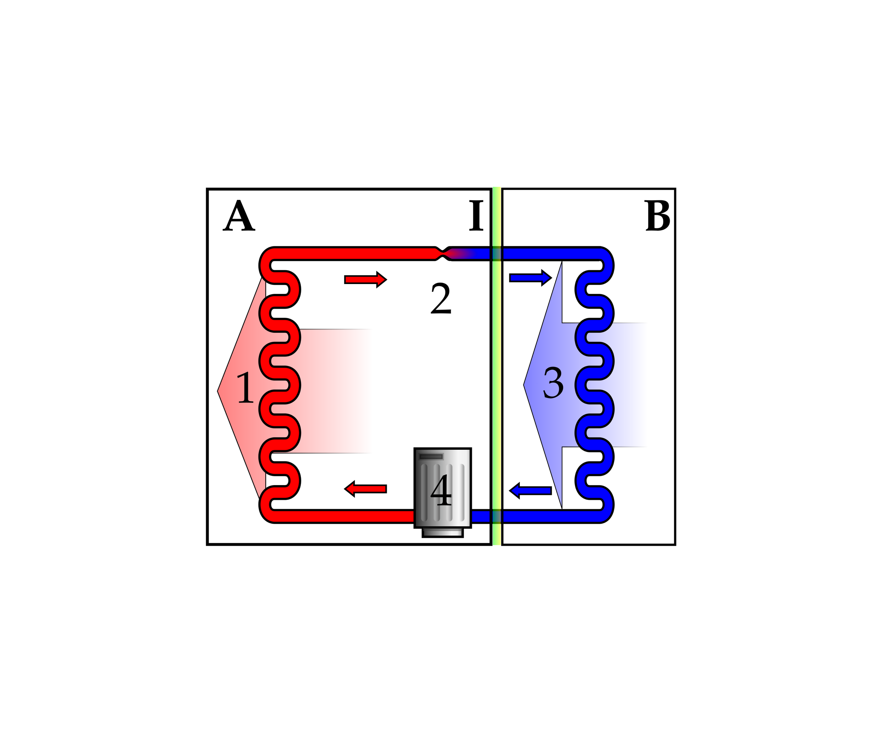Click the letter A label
[x=238, y=216]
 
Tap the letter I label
[x=476, y=216]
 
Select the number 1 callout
[x=245, y=388]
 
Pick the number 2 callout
[x=441, y=298]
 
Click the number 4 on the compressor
[x=441, y=490]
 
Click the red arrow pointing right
[x=365, y=280]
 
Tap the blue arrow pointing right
[x=530, y=278]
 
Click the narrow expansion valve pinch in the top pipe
[x=442, y=254]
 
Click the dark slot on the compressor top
[x=431, y=456]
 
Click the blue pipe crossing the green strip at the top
[x=497, y=254]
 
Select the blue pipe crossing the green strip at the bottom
[x=497, y=516]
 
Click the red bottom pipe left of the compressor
[x=345, y=516]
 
